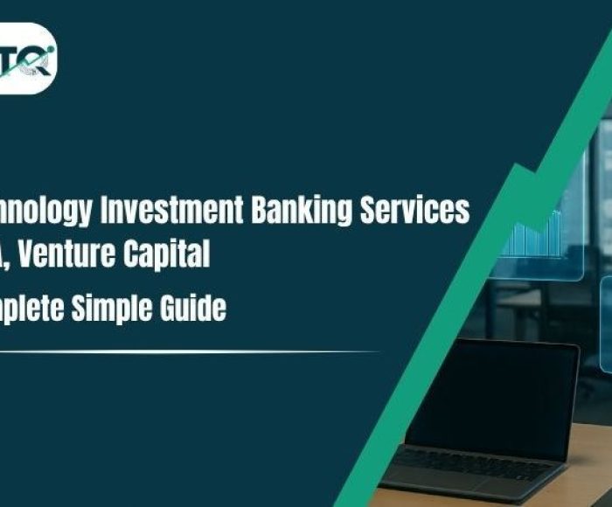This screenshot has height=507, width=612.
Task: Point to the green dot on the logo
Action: pyautogui.click(x=48, y=50)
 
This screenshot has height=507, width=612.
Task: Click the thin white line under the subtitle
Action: pyautogui.click(x=175, y=351)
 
